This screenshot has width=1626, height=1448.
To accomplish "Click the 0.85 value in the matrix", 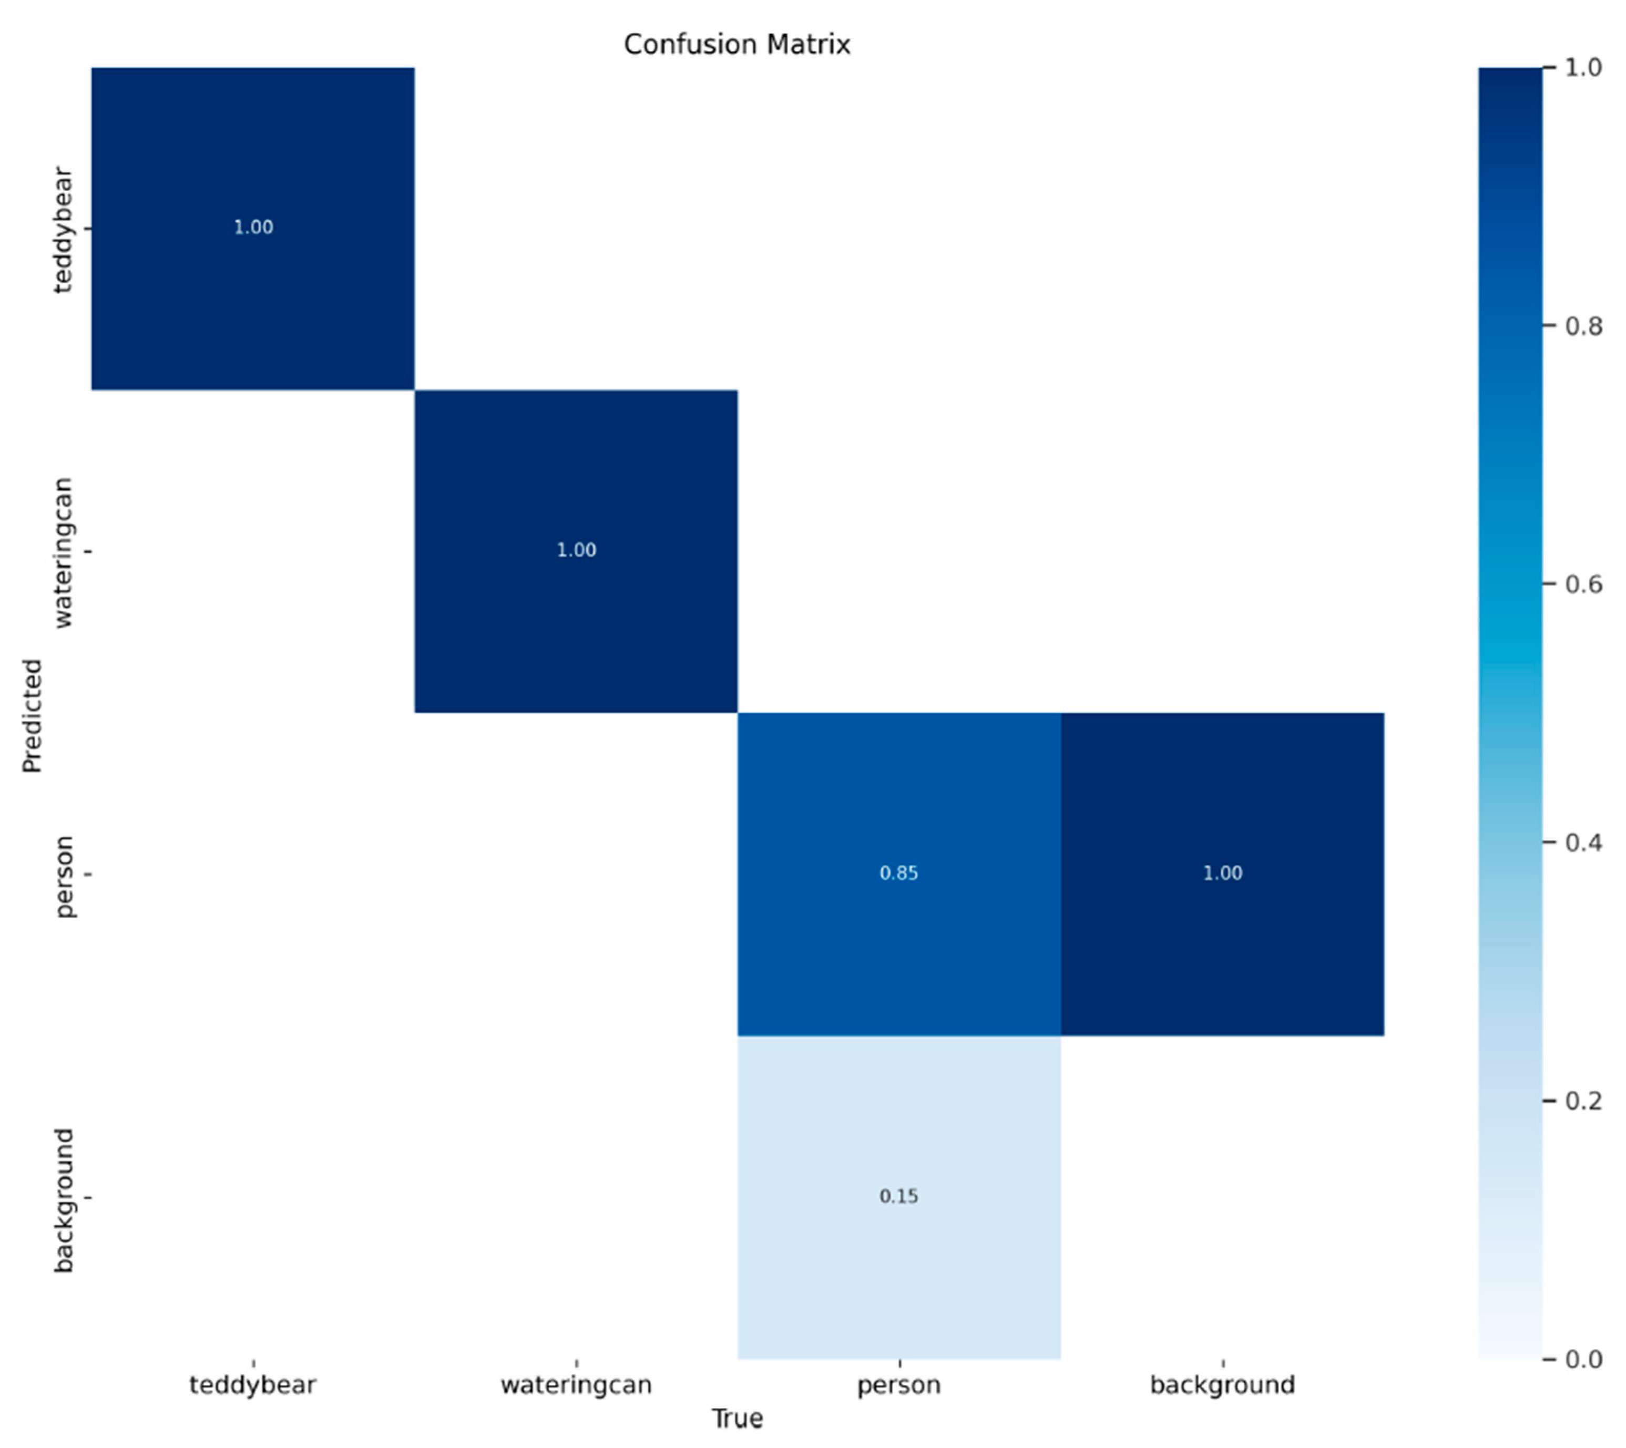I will tap(898, 873).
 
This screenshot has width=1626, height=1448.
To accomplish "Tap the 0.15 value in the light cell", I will tap(898, 1196).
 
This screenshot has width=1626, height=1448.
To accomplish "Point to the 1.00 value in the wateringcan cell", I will tap(576, 550).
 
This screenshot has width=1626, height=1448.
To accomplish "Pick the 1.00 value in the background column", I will tap(1222, 873).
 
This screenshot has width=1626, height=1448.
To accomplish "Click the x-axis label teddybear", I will tap(253, 1384).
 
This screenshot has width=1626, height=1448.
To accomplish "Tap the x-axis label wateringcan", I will tap(576, 1384).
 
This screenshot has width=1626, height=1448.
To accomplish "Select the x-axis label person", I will tap(898, 1384).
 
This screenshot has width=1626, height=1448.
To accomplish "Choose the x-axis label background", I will tap(1222, 1384).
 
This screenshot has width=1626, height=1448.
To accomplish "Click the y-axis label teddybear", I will tap(64, 229).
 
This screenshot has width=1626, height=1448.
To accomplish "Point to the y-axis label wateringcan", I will tap(64, 552).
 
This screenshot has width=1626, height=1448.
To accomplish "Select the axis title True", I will tap(737, 1419).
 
